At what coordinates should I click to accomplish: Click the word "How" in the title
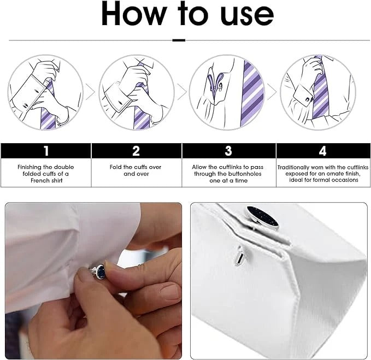(x=134, y=15)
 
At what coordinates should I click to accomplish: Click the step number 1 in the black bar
(x=46, y=151)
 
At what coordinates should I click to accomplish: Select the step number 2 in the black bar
(x=136, y=151)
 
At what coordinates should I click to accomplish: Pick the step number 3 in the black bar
(x=228, y=151)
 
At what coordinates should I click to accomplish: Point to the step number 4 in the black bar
(x=322, y=151)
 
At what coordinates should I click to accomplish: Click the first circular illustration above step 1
(x=46, y=92)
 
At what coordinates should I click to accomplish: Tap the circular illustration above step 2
(x=137, y=92)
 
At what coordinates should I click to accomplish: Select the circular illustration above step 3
(x=227, y=92)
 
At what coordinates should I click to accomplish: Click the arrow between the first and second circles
(x=91, y=93)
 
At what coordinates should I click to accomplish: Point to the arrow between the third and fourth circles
(x=272, y=93)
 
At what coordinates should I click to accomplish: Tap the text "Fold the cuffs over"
(x=136, y=167)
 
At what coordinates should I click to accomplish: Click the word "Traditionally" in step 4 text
(x=297, y=167)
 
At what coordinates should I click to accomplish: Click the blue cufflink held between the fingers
(x=99, y=270)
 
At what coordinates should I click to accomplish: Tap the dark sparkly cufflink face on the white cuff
(x=261, y=216)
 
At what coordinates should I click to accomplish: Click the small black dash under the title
(x=179, y=40)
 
